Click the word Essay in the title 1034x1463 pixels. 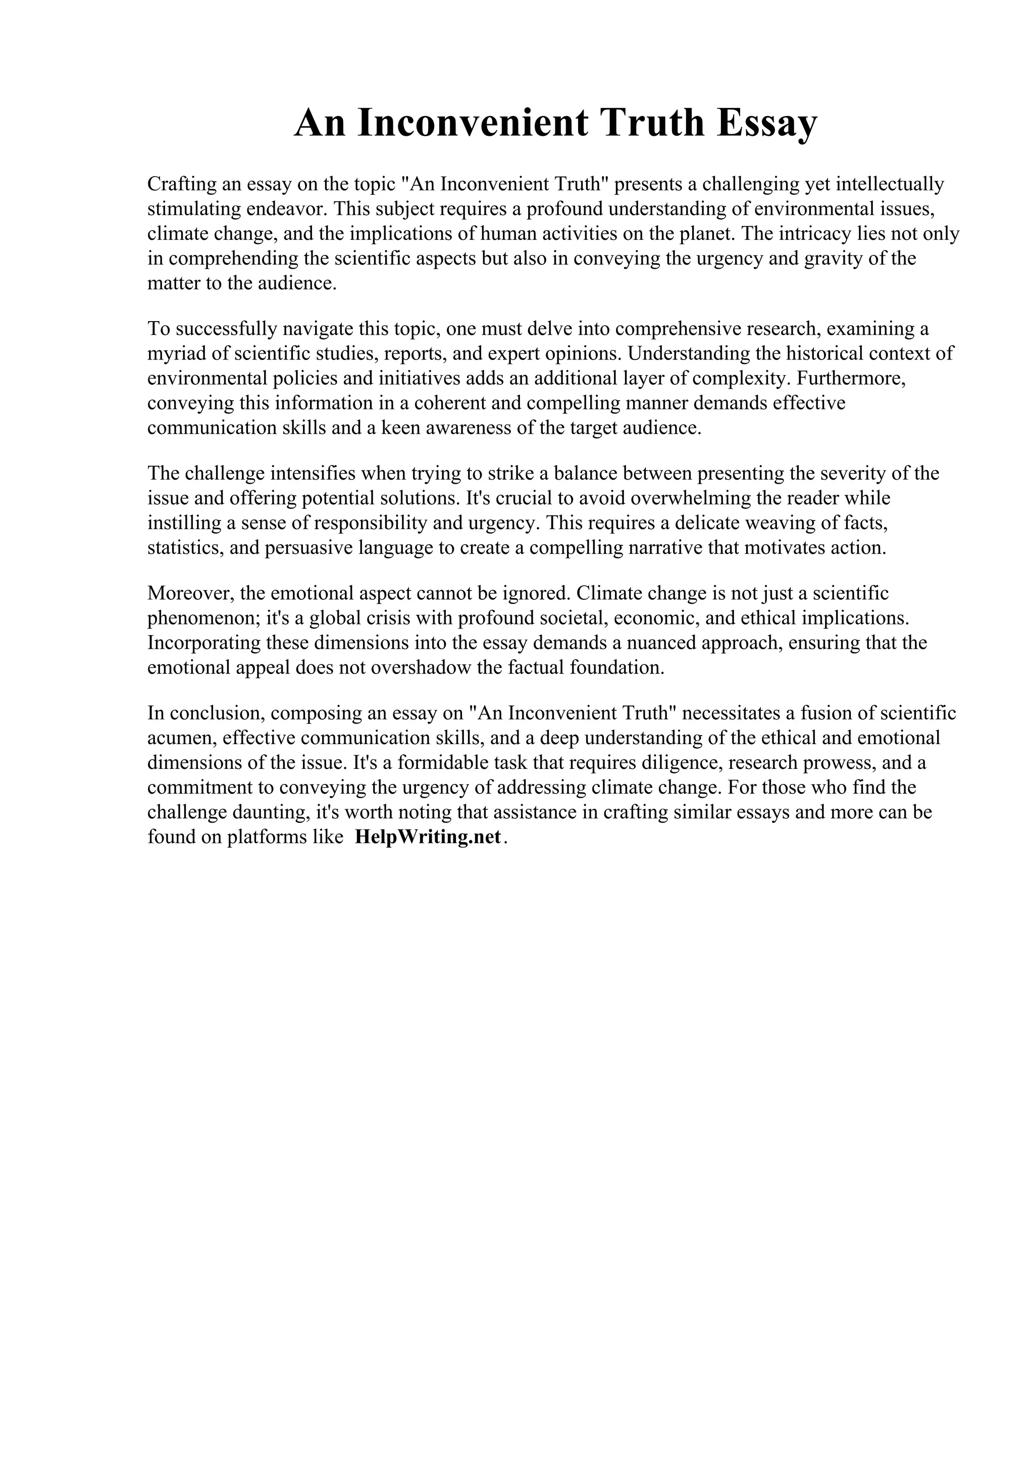[x=766, y=123]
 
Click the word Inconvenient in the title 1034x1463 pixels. [x=473, y=123]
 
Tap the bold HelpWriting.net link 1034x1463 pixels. [x=428, y=837]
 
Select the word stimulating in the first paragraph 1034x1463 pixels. [x=192, y=209]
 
